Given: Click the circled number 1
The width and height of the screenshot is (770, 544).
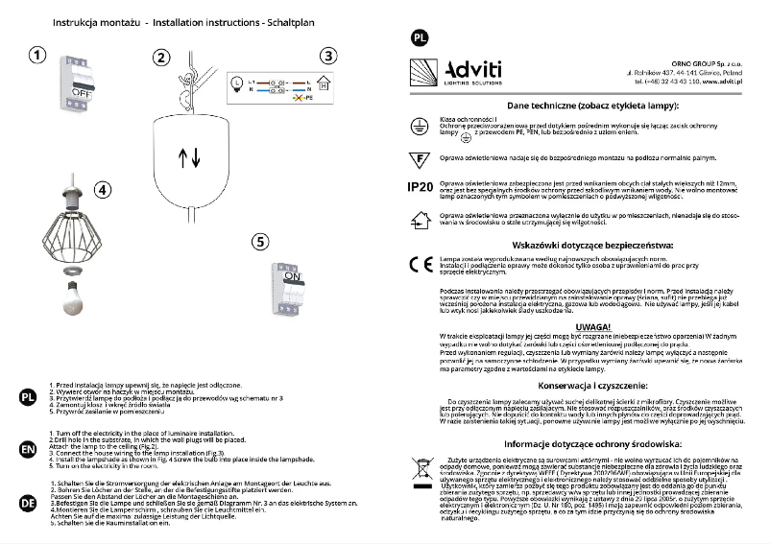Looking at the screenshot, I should pos(36,57).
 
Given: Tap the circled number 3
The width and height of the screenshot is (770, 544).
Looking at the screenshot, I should pos(329,57).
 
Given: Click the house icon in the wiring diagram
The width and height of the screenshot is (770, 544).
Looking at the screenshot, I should pos(324,85).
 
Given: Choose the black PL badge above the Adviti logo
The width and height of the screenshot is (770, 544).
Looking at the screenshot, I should pos(419,38).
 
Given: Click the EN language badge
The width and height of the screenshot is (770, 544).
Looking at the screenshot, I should pos(27,447).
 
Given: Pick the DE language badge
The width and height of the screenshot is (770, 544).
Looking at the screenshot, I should pos(27,501).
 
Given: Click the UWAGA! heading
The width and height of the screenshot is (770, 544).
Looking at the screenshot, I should pos(589,326).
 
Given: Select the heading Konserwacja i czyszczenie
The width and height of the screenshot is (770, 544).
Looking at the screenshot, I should pos(589,385).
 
